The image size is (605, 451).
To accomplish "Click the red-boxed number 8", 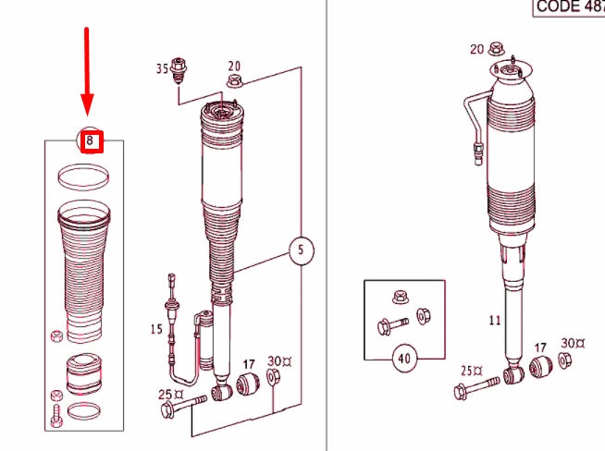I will pyautogui.click(x=90, y=142).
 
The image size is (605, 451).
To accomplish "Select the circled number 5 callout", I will pyautogui.click(x=300, y=250).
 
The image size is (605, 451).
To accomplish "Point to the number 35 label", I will pyautogui.click(x=162, y=68).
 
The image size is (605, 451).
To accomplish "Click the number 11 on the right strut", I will pyautogui.click(x=495, y=321).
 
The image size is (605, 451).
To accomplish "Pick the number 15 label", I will pyautogui.click(x=156, y=329).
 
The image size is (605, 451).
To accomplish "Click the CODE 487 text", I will pyautogui.click(x=568, y=7).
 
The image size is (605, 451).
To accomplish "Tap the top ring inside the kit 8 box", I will pyautogui.click(x=84, y=176).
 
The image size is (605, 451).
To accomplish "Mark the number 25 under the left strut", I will pyautogui.click(x=165, y=395).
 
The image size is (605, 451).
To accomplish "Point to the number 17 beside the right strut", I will pyautogui.click(x=541, y=347).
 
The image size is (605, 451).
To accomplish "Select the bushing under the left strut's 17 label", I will pyautogui.click(x=247, y=384).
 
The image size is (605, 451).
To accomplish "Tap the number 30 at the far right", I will pyautogui.click(x=571, y=343).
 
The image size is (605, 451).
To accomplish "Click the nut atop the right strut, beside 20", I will pyautogui.click(x=496, y=48).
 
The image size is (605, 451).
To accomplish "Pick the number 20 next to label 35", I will pyautogui.click(x=234, y=66).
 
